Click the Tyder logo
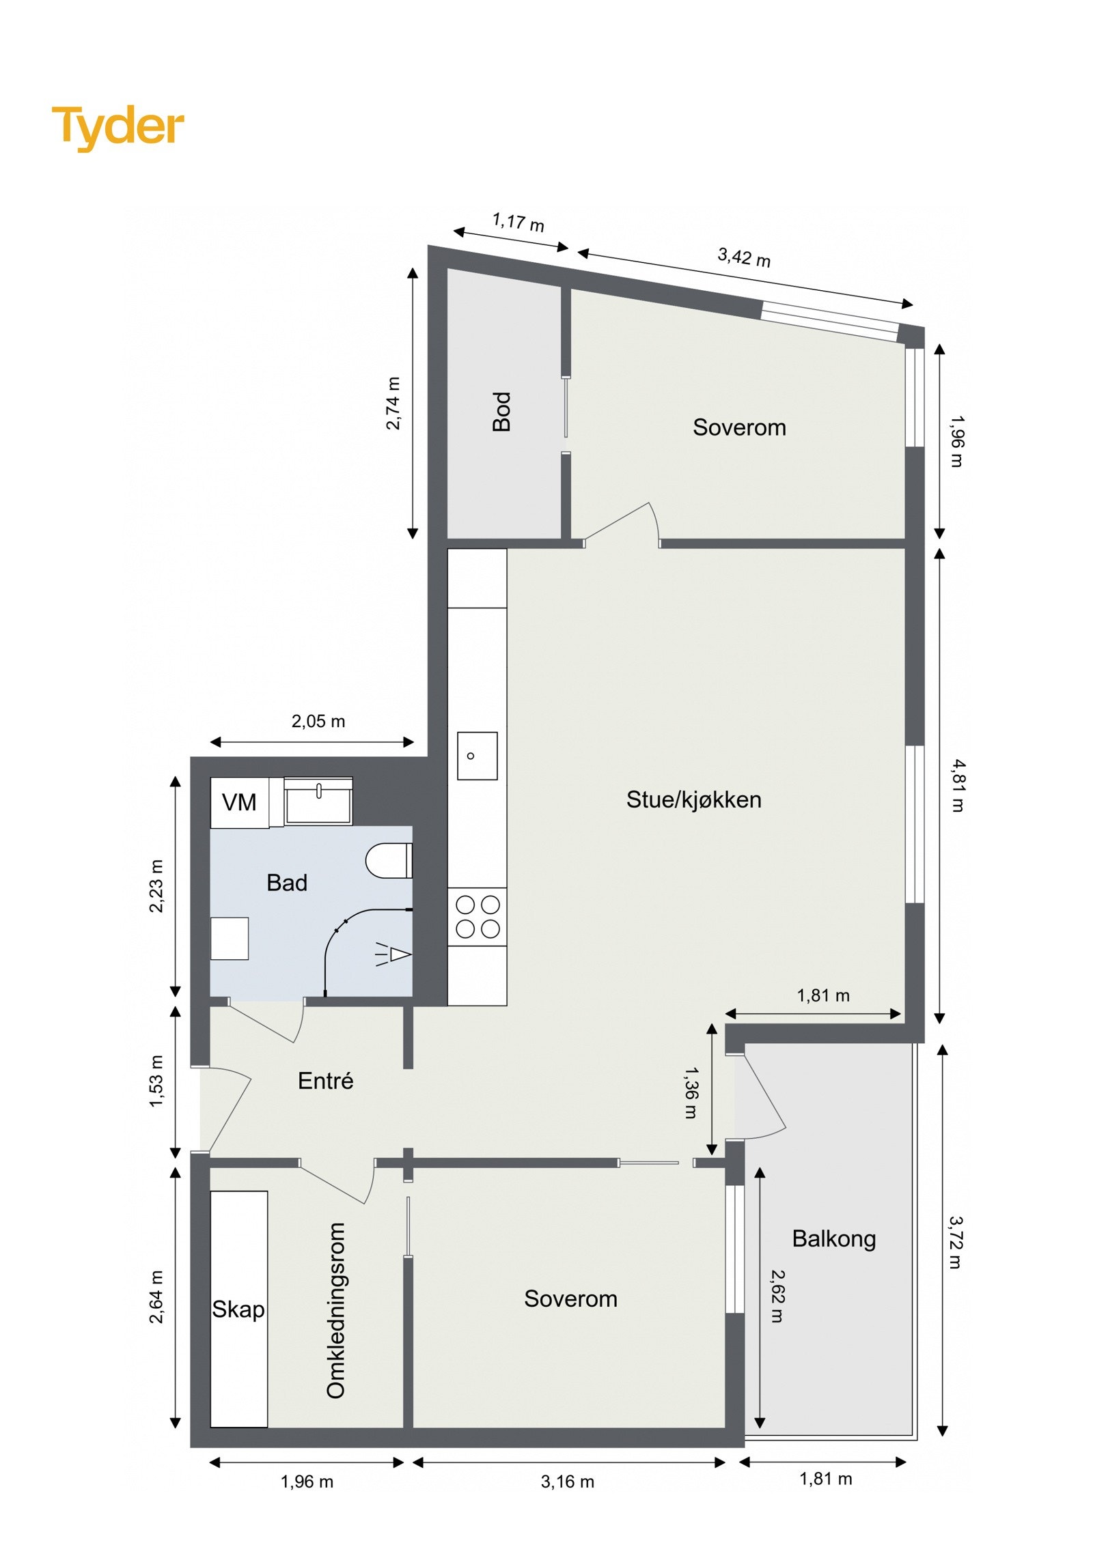(117, 127)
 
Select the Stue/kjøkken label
(693, 799)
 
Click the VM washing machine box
(239, 802)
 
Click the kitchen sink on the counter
(477, 756)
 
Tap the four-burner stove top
(477, 916)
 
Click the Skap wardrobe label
(238, 1309)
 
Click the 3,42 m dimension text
(743, 257)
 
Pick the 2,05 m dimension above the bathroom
(318, 721)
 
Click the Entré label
(325, 1081)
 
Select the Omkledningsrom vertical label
(336, 1310)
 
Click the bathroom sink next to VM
(318, 803)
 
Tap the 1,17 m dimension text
(518, 222)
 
